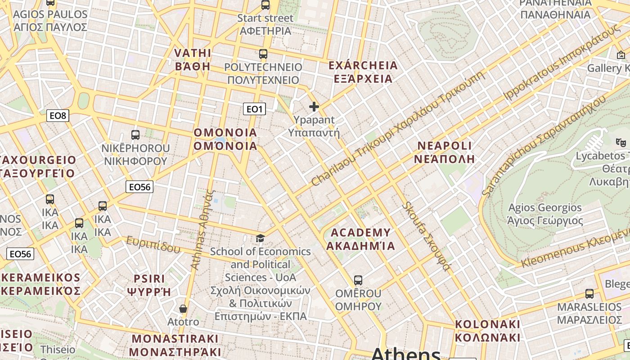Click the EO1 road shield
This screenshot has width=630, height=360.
pos(254,109)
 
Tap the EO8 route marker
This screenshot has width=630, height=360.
pos(58,116)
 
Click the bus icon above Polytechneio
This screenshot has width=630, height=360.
pos(263,54)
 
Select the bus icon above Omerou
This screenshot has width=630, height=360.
pos(358,280)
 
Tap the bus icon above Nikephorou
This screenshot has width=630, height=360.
pos(135,135)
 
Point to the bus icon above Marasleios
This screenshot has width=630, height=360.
pos(589,294)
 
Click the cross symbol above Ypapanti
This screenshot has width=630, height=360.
pos(314,107)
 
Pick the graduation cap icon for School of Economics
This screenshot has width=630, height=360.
pos(261,238)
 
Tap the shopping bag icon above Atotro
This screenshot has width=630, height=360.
pos(183,309)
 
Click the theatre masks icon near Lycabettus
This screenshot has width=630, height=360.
pos(621,142)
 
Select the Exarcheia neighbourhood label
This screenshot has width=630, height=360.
pos(363,72)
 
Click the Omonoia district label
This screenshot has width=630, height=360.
pos(225,139)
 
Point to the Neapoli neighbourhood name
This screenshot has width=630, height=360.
pos(445,152)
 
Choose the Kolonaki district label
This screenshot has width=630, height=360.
pos(487,331)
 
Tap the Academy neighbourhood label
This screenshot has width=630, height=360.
pos(360,239)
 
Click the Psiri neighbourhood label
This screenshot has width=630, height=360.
pos(149,285)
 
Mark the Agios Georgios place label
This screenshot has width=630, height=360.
pos(545,214)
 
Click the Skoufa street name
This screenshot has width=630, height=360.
pos(426,236)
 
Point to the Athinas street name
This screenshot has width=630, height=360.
pos(203,229)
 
